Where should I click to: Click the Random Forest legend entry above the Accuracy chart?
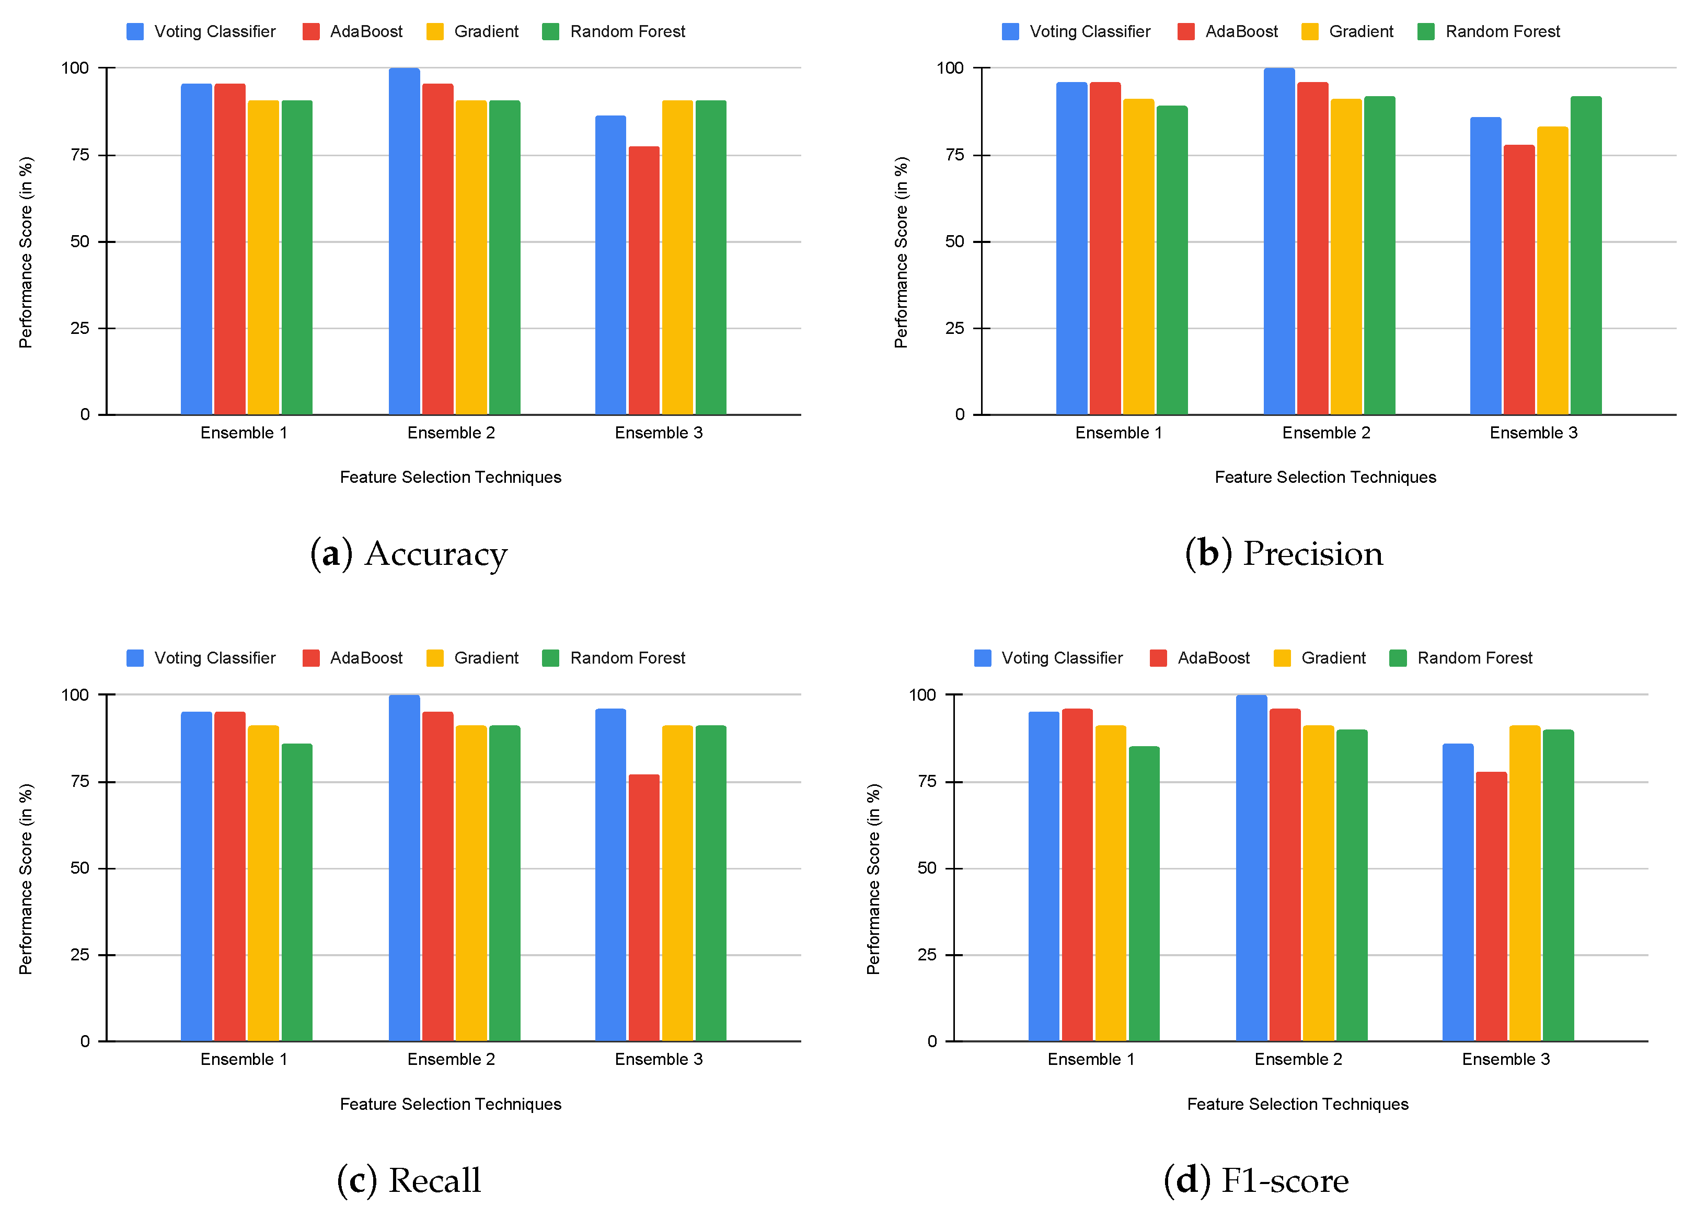coord(613,31)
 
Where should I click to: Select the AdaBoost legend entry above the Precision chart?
coord(1227,31)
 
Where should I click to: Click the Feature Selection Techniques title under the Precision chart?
coord(1324,477)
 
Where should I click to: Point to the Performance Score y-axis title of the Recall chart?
coord(26,879)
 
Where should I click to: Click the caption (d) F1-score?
coord(1255,1180)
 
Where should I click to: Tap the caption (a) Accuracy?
coord(409,554)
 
